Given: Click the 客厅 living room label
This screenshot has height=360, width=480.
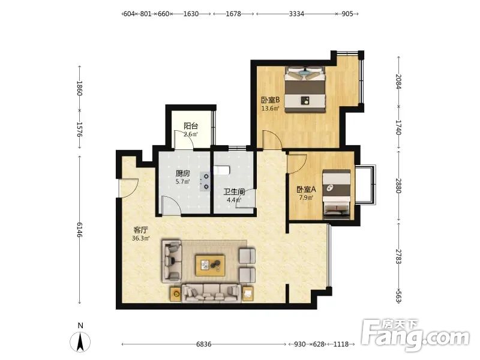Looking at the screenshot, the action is coord(141,230).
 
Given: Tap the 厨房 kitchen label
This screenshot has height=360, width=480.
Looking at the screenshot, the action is coord(183,173).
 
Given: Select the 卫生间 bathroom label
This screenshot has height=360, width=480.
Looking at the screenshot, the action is coord(234,192).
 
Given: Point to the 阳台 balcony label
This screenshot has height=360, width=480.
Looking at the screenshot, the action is coord(191,126).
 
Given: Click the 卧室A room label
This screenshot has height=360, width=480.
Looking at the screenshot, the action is coord(306,190).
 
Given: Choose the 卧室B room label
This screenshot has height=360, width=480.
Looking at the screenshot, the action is coord(271,100).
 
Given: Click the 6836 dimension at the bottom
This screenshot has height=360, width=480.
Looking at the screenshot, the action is coord(203,344).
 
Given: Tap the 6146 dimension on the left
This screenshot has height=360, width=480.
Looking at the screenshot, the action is coord(80,230).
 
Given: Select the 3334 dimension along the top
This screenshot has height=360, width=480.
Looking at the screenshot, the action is coord(296,14).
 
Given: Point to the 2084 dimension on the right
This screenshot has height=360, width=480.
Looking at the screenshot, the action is coord(398,82).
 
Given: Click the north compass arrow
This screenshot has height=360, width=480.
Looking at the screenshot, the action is coord(80,342).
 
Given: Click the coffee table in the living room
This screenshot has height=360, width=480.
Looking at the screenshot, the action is coord(211,265).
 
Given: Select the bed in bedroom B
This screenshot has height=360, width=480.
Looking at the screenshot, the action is coord(305,89).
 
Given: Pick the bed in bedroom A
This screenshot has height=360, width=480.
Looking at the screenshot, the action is coord(337,194).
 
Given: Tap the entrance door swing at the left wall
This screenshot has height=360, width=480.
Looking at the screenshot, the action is coord(128,188).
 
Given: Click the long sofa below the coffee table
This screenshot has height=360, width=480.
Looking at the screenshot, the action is coord(211,293).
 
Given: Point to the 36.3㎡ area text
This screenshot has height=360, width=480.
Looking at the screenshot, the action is coord(141,238).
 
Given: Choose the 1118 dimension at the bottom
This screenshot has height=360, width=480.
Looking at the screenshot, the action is coord(341,344).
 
